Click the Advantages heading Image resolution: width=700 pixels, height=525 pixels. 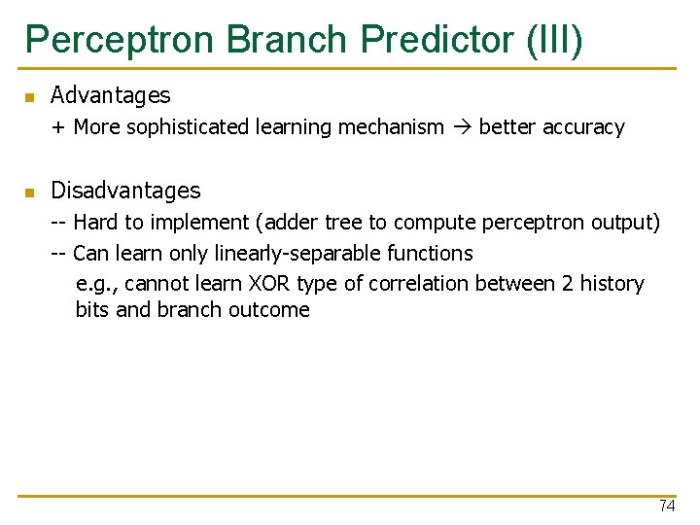110,95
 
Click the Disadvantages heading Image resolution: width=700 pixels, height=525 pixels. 125,191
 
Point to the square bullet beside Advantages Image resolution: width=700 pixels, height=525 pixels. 30,97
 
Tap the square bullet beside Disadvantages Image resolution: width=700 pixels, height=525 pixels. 30,192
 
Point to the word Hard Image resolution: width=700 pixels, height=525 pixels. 94,223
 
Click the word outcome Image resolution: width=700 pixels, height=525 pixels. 268,310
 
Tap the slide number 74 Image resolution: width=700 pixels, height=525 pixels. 666,506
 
